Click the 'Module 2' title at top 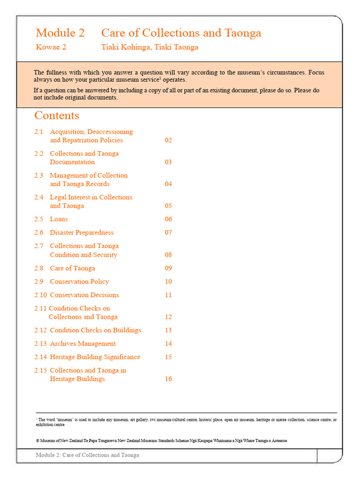[x=60, y=33]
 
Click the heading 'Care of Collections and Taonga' [x=181, y=33]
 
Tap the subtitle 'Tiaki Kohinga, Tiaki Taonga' [x=150, y=47]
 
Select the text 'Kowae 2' [x=51, y=47]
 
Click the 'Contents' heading [x=57, y=115]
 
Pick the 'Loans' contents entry [x=59, y=219]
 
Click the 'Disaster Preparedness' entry [x=82, y=232]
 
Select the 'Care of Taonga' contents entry [x=72, y=268]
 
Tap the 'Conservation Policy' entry [x=79, y=282]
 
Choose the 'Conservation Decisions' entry [x=84, y=295]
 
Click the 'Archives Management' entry [x=82, y=344]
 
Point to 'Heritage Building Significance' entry [x=95, y=357]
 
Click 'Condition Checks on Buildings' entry [x=95, y=330]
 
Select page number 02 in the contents [x=168, y=140]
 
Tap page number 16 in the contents [x=168, y=379]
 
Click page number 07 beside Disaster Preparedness [x=168, y=232]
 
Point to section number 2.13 [x=40, y=344]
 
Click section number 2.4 [x=38, y=197]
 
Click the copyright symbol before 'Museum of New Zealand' [x=37, y=441]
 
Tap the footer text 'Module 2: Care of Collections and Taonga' [x=87, y=455]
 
